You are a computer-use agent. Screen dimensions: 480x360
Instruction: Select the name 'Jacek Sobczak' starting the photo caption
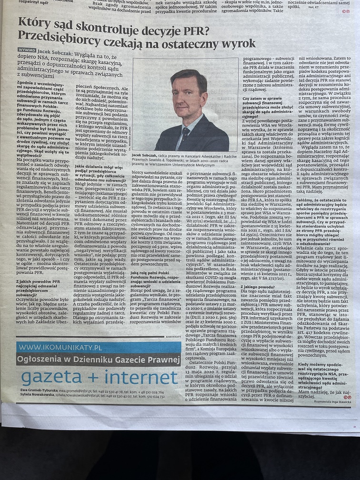(x=145, y=156)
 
